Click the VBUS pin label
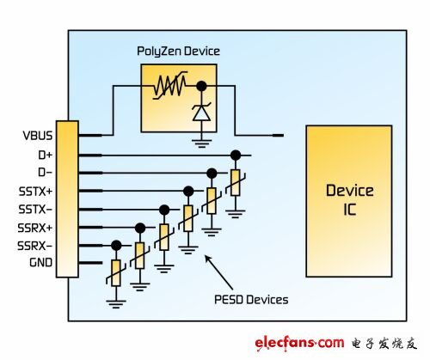38,136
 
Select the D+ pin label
46,155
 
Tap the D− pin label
46,173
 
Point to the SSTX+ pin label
35,191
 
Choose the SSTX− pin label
35,210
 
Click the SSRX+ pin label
35,228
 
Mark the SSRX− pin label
35,246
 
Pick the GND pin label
40,262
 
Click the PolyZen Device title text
178,52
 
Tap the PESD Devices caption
251,300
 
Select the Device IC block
349,201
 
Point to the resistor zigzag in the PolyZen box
170,85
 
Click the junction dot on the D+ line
236,156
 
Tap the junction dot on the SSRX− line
116,246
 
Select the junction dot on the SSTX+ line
188,191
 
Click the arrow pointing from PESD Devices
218,272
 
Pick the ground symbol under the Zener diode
202,143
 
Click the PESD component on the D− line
212,200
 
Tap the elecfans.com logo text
299,343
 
